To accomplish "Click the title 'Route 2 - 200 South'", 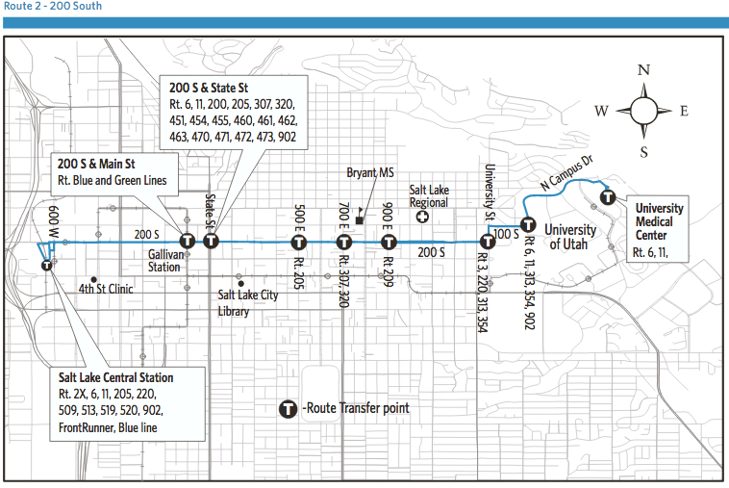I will pyautogui.click(x=52, y=7).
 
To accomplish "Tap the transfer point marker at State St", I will pyautogui.click(x=212, y=241).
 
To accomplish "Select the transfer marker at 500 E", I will pyautogui.click(x=299, y=242).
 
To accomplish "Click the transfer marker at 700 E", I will pyautogui.click(x=343, y=242).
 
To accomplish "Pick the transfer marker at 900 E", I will pyautogui.click(x=389, y=242).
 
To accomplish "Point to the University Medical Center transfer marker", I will pyautogui.click(x=608, y=197).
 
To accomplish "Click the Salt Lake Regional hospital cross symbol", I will pyautogui.click(x=422, y=218).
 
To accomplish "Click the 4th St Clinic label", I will pyautogui.click(x=106, y=288).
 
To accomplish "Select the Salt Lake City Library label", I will pyautogui.click(x=247, y=302).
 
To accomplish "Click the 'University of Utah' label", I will pyautogui.click(x=570, y=237).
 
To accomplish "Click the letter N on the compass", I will pyautogui.click(x=643, y=69).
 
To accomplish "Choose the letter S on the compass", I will pyautogui.click(x=643, y=151).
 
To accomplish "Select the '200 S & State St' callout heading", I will pyautogui.click(x=209, y=90).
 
